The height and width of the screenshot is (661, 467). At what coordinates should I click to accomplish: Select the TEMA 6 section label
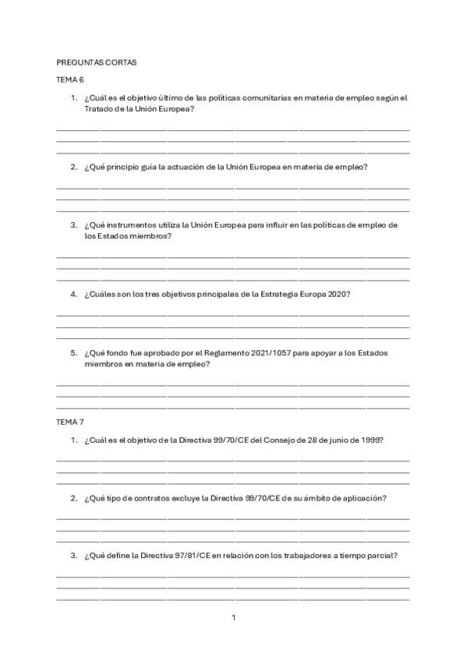[70, 80]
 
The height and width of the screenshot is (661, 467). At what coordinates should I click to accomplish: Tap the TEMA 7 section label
[70, 422]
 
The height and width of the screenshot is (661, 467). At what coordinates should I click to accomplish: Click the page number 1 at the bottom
[233, 618]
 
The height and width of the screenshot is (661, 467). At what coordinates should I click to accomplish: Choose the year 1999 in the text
[366, 440]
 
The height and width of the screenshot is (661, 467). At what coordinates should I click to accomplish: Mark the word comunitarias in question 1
[263, 98]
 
